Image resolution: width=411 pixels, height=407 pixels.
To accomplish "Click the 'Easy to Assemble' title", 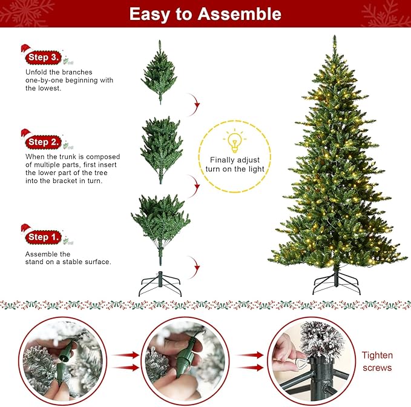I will (205, 14).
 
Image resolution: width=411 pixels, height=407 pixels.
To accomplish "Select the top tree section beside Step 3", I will (159, 71).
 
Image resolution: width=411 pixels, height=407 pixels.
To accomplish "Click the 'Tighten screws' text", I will (376, 362).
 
